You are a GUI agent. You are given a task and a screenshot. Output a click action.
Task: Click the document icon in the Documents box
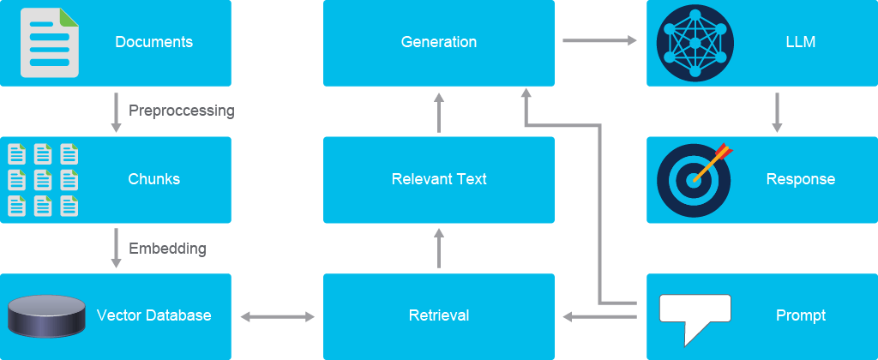(50, 43)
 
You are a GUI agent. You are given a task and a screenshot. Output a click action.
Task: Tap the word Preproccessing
(182, 111)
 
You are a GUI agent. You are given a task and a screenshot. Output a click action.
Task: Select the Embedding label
(167, 248)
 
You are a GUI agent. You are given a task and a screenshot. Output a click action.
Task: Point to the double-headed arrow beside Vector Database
(278, 317)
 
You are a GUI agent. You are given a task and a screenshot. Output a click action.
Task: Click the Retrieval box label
(439, 315)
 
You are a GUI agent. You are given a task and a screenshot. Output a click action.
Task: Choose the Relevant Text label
(439, 179)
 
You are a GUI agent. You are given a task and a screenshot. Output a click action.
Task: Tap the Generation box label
(439, 42)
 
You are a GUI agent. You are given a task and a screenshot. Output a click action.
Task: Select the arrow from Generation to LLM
(599, 40)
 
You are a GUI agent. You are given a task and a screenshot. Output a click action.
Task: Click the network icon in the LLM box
(695, 43)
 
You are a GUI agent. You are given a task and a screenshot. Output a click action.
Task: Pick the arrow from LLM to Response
(776, 112)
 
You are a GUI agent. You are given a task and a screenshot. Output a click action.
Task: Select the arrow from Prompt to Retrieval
(599, 317)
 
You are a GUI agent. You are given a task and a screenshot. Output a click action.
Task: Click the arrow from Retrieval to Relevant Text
(439, 248)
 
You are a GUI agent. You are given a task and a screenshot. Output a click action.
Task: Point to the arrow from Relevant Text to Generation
(439, 112)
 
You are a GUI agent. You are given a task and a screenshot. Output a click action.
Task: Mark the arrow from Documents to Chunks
(116, 112)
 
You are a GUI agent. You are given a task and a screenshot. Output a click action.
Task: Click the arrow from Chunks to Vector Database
(116, 248)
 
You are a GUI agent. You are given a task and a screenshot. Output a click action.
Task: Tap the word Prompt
(801, 315)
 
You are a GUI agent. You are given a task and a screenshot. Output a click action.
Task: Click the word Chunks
(154, 179)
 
